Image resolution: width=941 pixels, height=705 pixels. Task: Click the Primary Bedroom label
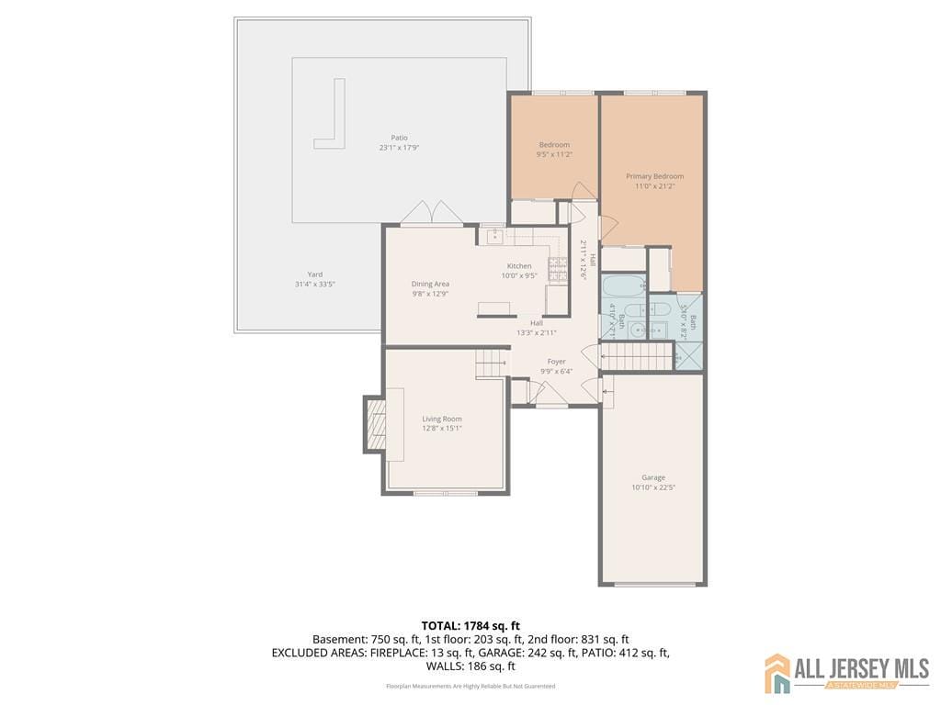(x=654, y=176)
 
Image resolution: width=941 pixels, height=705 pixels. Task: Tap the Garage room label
(x=653, y=477)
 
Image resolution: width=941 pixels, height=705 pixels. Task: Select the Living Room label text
(x=441, y=419)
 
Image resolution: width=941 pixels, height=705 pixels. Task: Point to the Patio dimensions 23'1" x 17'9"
(x=399, y=148)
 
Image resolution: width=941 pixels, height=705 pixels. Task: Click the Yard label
(x=314, y=274)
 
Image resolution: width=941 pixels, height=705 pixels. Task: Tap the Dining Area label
(x=430, y=284)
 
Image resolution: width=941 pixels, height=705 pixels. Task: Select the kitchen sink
(x=493, y=236)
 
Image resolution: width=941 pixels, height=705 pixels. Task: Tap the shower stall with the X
(x=688, y=355)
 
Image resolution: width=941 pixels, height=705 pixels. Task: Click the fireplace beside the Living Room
(x=376, y=423)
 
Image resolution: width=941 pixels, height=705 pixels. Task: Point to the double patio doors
(x=429, y=213)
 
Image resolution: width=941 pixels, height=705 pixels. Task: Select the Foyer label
(x=557, y=362)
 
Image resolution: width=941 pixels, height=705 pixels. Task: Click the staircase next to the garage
(x=637, y=355)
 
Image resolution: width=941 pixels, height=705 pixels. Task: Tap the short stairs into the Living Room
(x=492, y=364)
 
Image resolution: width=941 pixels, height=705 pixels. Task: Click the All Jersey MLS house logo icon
(x=777, y=673)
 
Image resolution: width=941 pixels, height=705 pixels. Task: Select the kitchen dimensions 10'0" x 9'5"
(x=519, y=275)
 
